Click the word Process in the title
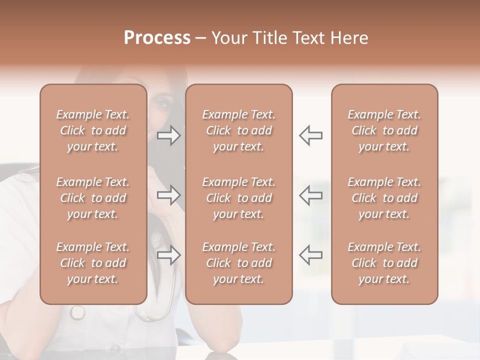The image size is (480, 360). pyautogui.click(x=157, y=38)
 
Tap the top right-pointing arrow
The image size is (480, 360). pyautogui.click(x=169, y=135)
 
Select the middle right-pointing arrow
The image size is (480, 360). pyautogui.click(x=169, y=195)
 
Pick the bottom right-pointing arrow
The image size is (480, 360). pyautogui.click(x=169, y=255)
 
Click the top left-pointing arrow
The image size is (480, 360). pyautogui.click(x=311, y=135)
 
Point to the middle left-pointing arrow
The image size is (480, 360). pyautogui.click(x=311, y=195)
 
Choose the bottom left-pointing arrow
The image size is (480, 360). pyautogui.click(x=311, y=255)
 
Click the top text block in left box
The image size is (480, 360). pyautogui.click(x=93, y=130)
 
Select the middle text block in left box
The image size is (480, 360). pyautogui.click(x=93, y=198)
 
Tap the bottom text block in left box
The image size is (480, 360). pyautogui.click(x=93, y=263)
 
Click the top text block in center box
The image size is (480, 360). pyautogui.click(x=239, y=130)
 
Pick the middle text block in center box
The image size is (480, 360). pyautogui.click(x=239, y=198)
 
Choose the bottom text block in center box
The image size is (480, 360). pyautogui.click(x=239, y=263)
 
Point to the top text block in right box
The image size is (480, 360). pyautogui.click(x=384, y=130)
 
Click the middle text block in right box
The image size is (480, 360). pyautogui.click(x=384, y=198)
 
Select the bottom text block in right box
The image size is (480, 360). pyautogui.click(x=384, y=263)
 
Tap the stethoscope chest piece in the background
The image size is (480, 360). pyautogui.click(x=77, y=312)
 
